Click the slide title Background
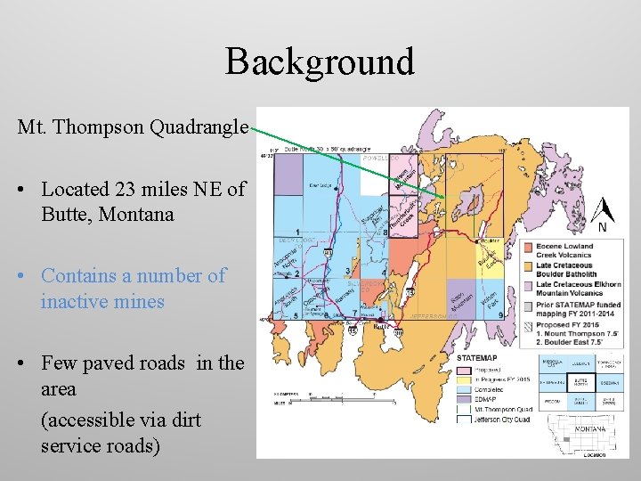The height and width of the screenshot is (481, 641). point(320,61)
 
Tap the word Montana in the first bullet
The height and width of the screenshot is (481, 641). point(136,215)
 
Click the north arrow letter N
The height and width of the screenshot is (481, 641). point(603,226)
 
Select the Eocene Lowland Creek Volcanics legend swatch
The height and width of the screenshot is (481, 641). point(528,247)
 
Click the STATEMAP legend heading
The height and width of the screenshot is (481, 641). point(477,357)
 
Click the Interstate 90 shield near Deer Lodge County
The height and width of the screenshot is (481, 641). point(329,254)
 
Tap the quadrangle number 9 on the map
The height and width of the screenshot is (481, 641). point(501,314)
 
